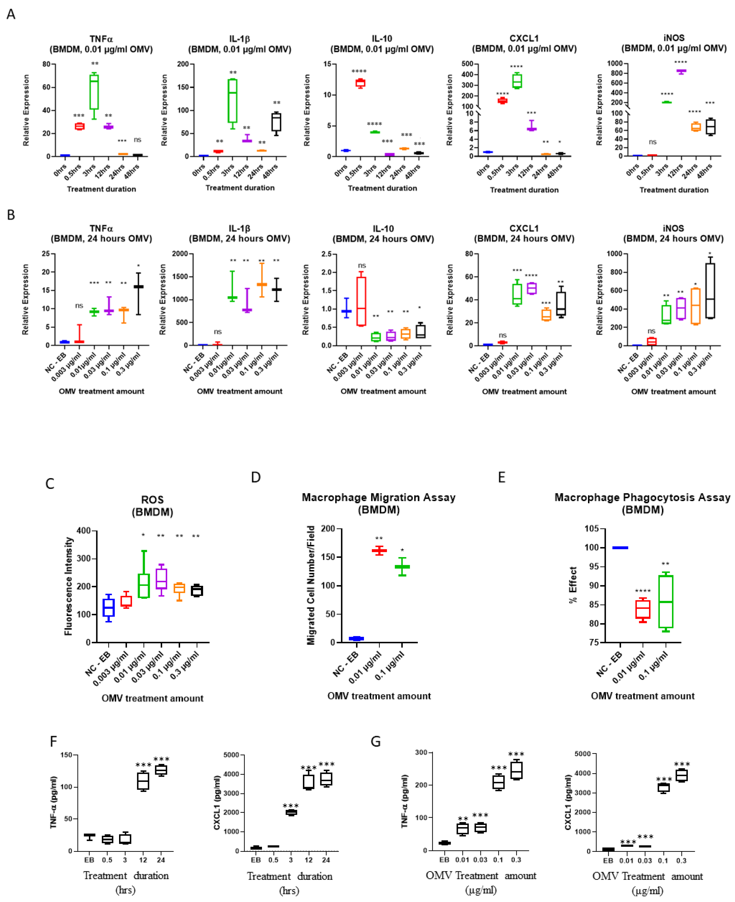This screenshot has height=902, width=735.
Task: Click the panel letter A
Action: [x=11, y=14]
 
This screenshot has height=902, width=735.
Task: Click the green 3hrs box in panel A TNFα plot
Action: [x=94, y=91]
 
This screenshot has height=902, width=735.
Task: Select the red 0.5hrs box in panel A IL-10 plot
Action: [x=360, y=83]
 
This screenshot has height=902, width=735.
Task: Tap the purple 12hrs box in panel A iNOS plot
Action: [x=681, y=71]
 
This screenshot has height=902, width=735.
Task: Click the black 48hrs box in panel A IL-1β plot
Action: [x=276, y=122]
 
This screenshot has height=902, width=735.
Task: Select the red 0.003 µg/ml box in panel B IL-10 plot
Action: [x=361, y=301]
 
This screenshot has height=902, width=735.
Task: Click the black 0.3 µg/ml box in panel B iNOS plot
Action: [x=710, y=290]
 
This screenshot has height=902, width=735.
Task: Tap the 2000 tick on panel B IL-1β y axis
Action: [x=180, y=254]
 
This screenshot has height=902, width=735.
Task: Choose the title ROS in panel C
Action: [x=152, y=500]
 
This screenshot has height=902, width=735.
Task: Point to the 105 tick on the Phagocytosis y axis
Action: [x=592, y=529]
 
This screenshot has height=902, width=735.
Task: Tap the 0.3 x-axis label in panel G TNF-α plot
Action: [x=516, y=860]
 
